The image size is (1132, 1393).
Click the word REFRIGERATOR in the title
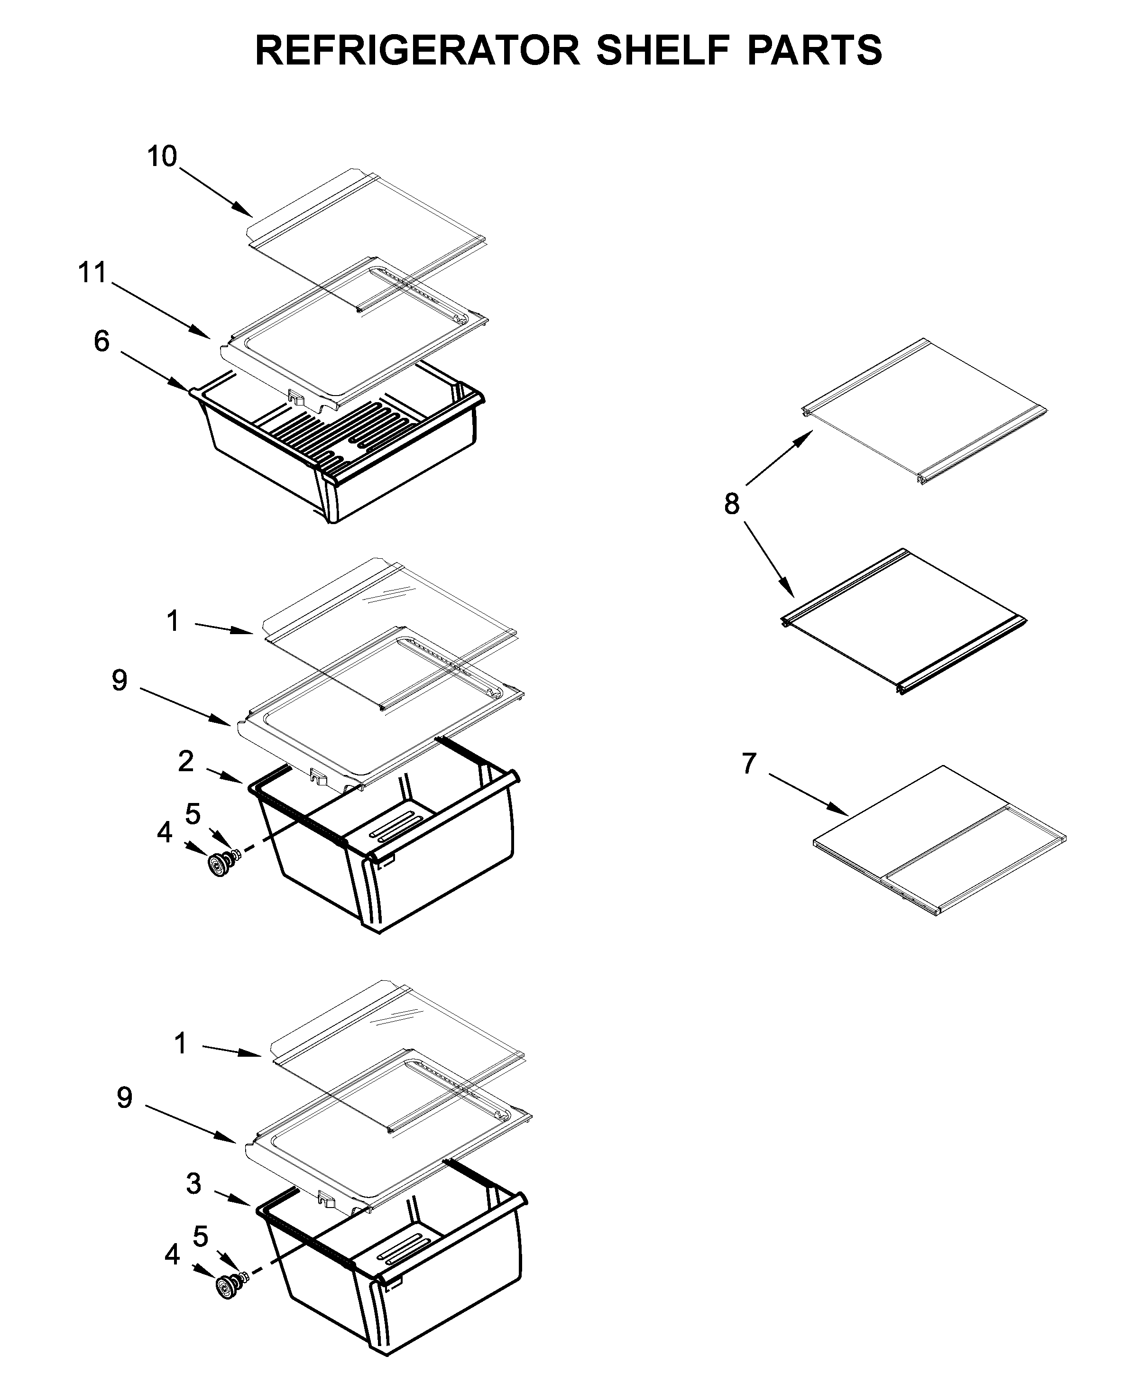417,51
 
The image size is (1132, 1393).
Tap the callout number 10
162,157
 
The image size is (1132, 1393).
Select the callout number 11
92,273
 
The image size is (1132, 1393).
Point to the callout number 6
101,341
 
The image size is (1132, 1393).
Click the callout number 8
732,504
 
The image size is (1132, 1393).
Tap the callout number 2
186,762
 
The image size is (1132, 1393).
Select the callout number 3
193,1184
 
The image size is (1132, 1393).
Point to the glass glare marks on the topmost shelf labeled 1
389,594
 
